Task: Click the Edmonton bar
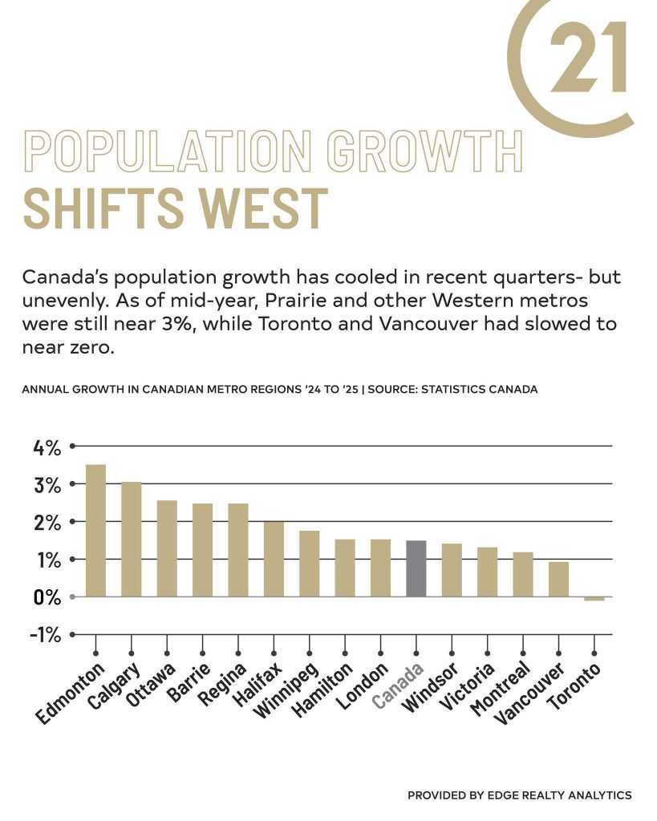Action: click(95, 531)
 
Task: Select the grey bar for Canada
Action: click(416, 568)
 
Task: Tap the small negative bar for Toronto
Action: click(594, 599)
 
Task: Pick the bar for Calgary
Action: click(131, 540)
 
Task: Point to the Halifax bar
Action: click(274, 559)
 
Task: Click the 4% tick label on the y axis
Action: click(47, 447)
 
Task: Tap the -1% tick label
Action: click(45, 635)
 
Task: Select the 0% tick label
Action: click(47, 597)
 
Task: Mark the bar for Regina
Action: click(238, 550)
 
